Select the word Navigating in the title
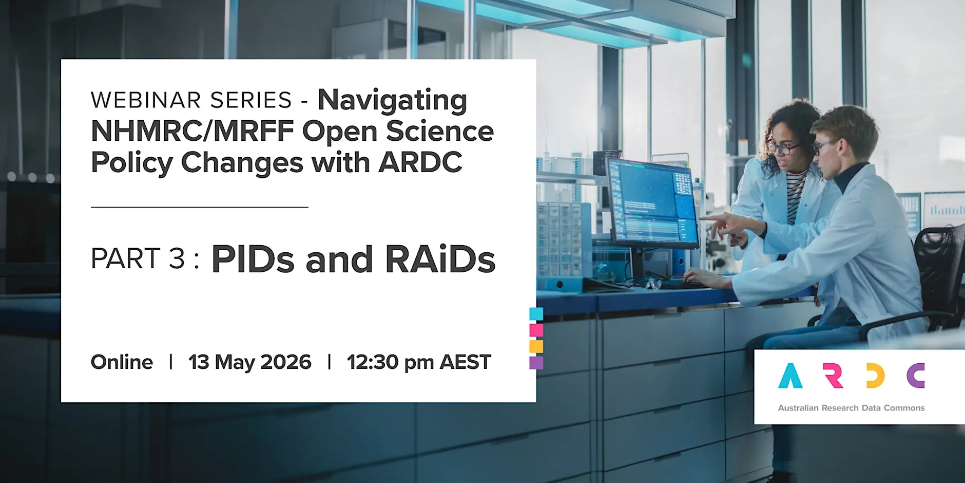click(x=393, y=101)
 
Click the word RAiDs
click(x=440, y=259)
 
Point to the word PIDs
click(x=253, y=259)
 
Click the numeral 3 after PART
click(x=177, y=258)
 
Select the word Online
click(x=122, y=362)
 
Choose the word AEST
click(x=466, y=362)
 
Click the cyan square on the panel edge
click(x=536, y=313)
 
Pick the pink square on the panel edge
click(x=536, y=330)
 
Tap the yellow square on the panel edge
click(x=536, y=346)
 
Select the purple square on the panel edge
click(x=536, y=363)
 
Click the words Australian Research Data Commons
click(x=851, y=408)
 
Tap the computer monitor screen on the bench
click(x=651, y=201)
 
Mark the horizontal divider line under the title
click(x=200, y=207)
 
